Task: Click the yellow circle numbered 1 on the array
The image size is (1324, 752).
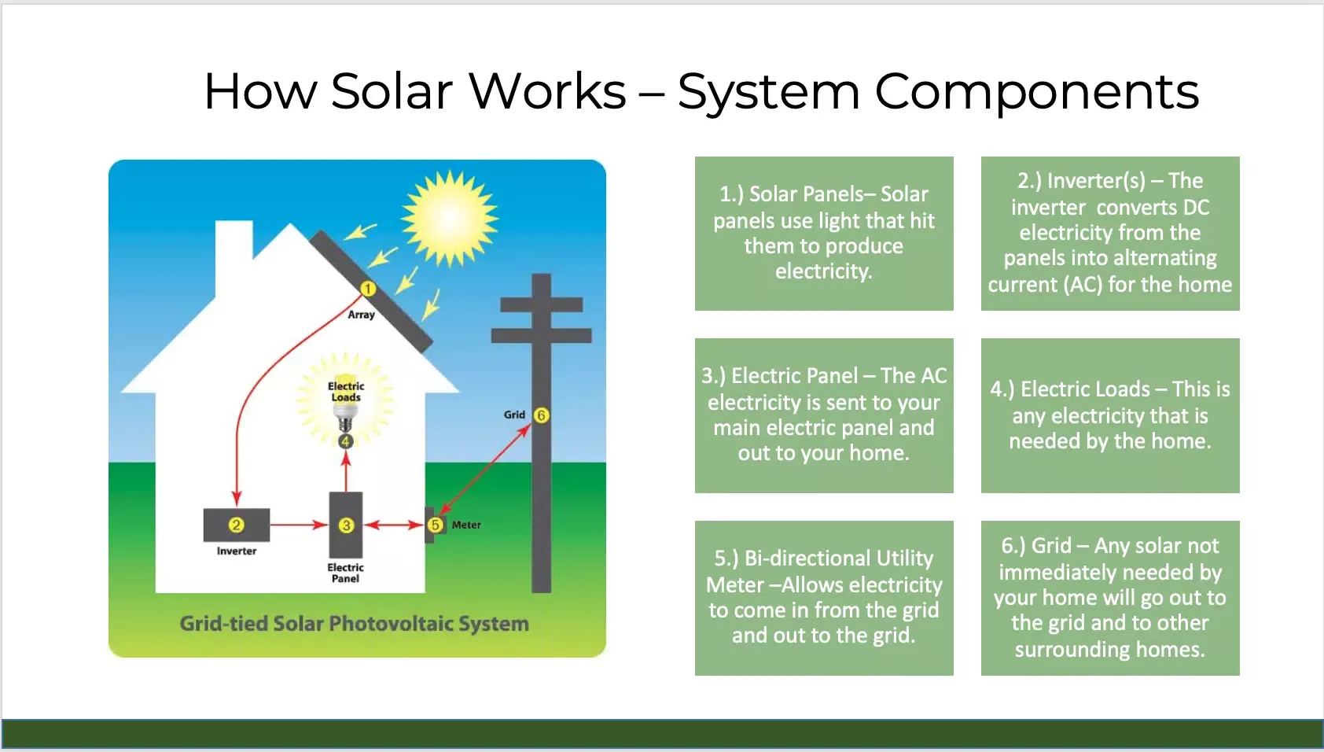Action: point(368,289)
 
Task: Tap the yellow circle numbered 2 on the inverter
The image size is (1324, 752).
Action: point(237,525)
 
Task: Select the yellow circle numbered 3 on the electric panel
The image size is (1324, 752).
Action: point(346,525)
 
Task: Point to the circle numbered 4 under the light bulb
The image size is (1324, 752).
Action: point(346,441)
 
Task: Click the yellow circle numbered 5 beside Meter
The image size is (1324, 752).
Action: point(436,525)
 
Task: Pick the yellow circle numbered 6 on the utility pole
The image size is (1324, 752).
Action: point(541,415)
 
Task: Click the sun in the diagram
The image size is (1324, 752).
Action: point(450,218)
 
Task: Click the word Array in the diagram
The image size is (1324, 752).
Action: point(361,315)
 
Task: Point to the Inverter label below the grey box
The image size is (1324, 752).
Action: point(237,551)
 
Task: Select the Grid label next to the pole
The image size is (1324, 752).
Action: point(514,415)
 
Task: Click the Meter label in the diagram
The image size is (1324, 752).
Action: point(466,525)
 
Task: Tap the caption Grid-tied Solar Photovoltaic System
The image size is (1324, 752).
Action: point(354,624)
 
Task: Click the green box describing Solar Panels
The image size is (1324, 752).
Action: point(824,234)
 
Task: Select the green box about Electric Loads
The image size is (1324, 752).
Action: point(1110,415)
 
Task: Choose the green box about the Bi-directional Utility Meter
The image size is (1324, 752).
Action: point(824,598)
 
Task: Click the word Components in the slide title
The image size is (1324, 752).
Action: point(1037,92)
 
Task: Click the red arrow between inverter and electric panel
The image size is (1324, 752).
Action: point(299,525)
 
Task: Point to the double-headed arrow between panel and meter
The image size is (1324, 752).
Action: point(394,525)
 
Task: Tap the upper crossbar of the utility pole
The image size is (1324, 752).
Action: point(542,304)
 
